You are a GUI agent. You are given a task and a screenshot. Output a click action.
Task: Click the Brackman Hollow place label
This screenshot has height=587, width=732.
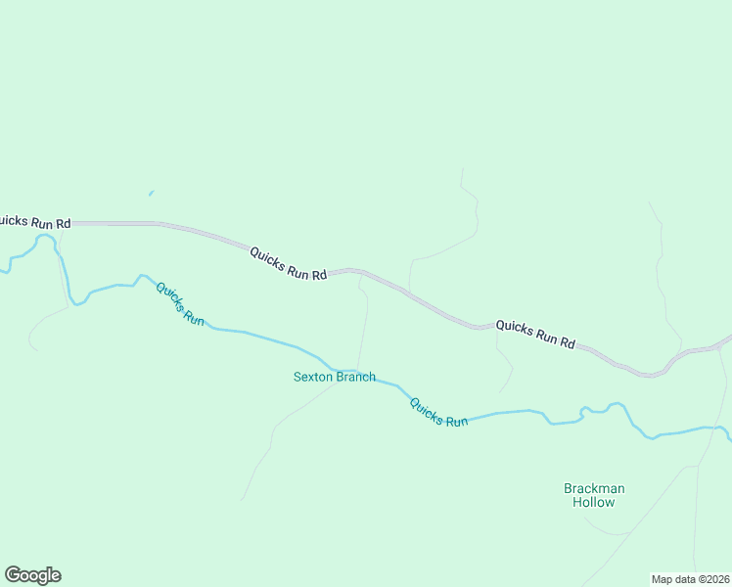point(594,495)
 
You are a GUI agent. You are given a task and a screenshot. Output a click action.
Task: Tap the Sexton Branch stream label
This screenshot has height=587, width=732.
point(334,377)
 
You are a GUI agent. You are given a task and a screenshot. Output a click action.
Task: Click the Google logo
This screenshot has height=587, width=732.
point(32,575)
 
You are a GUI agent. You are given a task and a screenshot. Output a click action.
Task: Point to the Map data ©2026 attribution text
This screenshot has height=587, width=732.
point(690,579)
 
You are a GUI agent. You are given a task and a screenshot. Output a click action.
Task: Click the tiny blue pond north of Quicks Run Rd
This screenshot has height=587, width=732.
point(151,193)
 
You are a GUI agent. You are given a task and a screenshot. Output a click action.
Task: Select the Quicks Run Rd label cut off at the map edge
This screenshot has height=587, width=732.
point(35,222)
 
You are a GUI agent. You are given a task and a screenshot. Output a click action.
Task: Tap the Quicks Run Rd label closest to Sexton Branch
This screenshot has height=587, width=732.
point(288,264)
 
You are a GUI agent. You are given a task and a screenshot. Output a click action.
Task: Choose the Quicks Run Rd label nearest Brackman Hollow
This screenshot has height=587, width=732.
point(534,334)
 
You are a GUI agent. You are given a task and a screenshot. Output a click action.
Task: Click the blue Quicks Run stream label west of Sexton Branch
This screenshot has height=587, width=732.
point(180,303)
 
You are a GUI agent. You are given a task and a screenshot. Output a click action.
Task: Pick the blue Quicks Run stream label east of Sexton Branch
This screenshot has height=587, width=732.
point(438,412)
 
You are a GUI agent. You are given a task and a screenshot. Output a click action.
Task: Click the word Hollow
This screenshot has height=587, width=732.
point(594,503)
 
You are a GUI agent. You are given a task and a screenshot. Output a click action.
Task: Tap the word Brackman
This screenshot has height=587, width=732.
point(594,488)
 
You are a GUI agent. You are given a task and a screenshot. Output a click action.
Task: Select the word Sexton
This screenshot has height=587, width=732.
point(313,377)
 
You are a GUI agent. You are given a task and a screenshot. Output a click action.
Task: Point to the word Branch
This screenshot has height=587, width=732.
point(355,377)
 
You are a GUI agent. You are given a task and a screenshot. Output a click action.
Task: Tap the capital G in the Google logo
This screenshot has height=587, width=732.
point(13,574)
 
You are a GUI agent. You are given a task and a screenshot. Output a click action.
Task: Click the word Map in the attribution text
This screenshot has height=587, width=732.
point(662,579)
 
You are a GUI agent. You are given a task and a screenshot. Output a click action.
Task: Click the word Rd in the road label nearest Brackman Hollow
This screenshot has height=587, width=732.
point(566,342)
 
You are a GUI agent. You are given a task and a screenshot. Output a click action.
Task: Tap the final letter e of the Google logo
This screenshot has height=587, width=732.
point(56,576)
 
